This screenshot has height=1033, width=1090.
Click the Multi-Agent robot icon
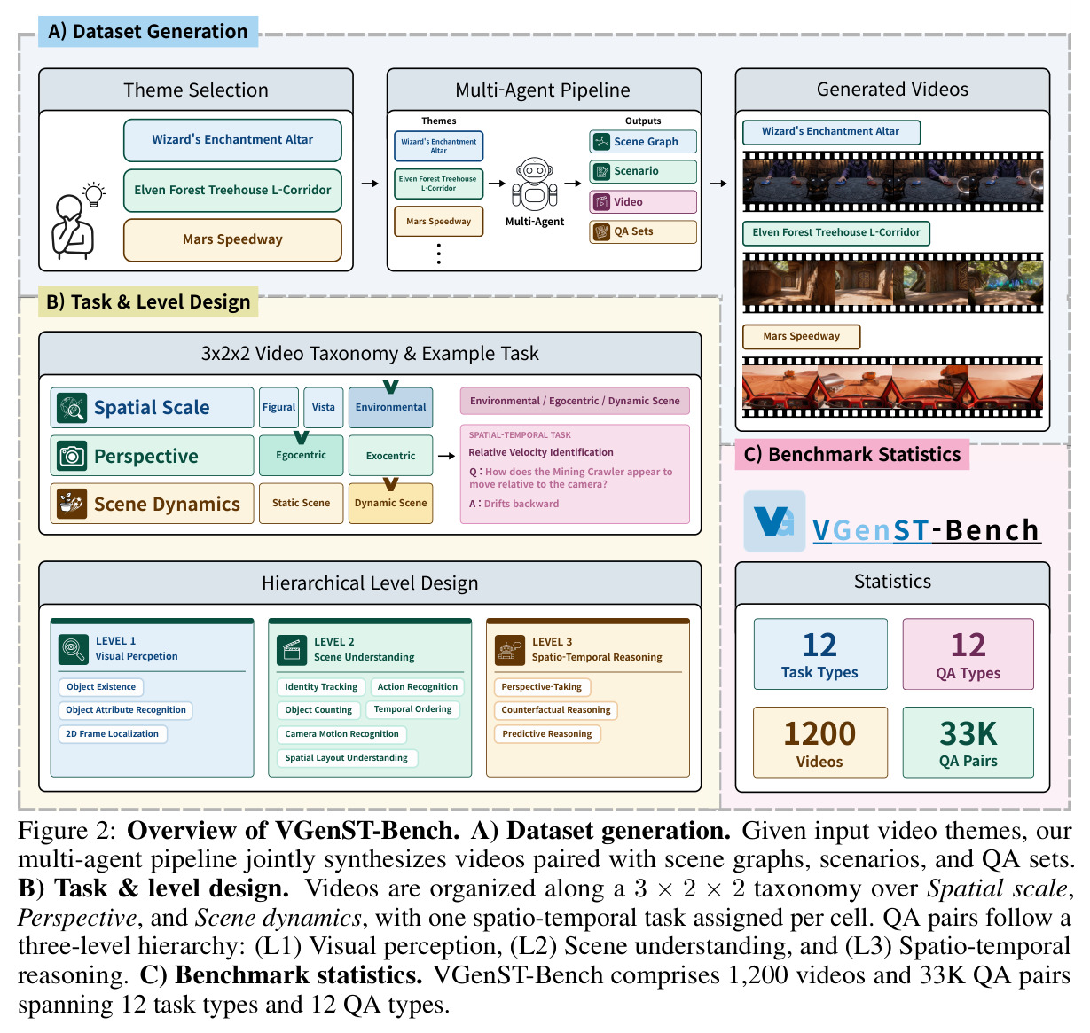pyautogui.click(x=534, y=184)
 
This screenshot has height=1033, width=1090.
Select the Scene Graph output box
pyautogui.click(x=643, y=141)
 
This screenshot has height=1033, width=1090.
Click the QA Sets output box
pyautogui.click(x=643, y=231)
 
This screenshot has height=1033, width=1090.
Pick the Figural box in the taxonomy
pyautogui.click(x=278, y=407)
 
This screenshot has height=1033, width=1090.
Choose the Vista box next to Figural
pyautogui.click(x=323, y=407)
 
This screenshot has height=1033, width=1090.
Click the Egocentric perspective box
pyautogui.click(x=301, y=455)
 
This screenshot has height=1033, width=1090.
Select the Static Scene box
pyautogui.click(x=301, y=503)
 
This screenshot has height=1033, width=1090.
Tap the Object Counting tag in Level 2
pyautogui.click(x=318, y=709)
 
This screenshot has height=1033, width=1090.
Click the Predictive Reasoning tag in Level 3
pyautogui.click(x=546, y=733)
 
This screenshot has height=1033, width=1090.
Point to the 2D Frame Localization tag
pyautogui.click(x=112, y=733)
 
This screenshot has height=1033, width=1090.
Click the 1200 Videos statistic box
pyautogui.click(x=819, y=742)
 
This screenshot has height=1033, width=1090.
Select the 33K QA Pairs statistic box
pyautogui.click(x=968, y=742)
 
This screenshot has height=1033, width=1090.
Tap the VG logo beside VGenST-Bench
pyautogui.click(x=774, y=520)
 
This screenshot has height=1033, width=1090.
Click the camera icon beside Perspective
pyautogui.click(x=72, y=456)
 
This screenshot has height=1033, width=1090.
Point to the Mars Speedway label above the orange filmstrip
pyautogui.click(x=801, y=337)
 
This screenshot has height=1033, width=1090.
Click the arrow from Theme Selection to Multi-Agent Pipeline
pyautogui.click(x=370, y=183)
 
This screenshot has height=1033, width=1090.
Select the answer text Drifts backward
pyautogui.click(x=521, y=504)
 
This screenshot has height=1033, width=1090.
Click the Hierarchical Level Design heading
pyautogui.click(x=370, y=583)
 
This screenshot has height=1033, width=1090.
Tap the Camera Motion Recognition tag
pyautogui.click(x=341, y=733)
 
